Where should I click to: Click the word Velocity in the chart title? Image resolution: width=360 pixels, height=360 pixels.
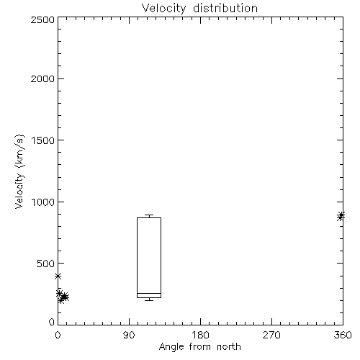[x=164, y=9]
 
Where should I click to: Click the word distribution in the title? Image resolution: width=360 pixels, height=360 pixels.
[x=225, y=8]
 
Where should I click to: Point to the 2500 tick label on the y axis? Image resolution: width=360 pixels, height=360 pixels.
[x=42, y=19]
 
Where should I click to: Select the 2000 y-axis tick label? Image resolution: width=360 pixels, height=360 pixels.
[x=42, y=78]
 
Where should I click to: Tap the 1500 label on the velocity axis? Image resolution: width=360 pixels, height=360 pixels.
[x=43, y=140]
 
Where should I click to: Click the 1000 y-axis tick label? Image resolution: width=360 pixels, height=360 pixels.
[x=43, y=202]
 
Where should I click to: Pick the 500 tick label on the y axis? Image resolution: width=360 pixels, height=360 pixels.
[x=46, y=264]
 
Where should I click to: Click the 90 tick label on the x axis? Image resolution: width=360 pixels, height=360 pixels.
[x=129, y=335]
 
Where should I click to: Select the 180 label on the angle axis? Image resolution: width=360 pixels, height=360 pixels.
[x=200, y=335]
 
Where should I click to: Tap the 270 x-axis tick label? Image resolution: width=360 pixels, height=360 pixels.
[x=271, y=335]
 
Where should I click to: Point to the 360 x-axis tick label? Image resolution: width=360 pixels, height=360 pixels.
[x=343, y=335]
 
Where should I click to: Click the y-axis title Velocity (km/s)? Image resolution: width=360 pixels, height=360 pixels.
[x=19, y=171]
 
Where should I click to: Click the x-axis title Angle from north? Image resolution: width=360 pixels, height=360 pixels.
[x=200, y=347]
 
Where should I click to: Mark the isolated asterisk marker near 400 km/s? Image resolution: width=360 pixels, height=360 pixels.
[x=58, y=276]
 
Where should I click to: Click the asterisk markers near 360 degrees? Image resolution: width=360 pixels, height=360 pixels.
[x=341, y=216]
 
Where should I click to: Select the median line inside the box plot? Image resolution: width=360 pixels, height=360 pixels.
[x=149, y=293]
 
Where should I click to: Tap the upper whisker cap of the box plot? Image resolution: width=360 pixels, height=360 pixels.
[x=149, y=215]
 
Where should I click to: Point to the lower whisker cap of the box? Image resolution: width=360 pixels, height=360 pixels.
[x=149, y=300]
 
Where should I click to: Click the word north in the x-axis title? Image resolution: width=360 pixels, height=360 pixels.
[x=229, y=346]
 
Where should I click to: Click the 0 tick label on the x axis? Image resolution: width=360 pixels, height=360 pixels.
[x=58, y=335]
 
